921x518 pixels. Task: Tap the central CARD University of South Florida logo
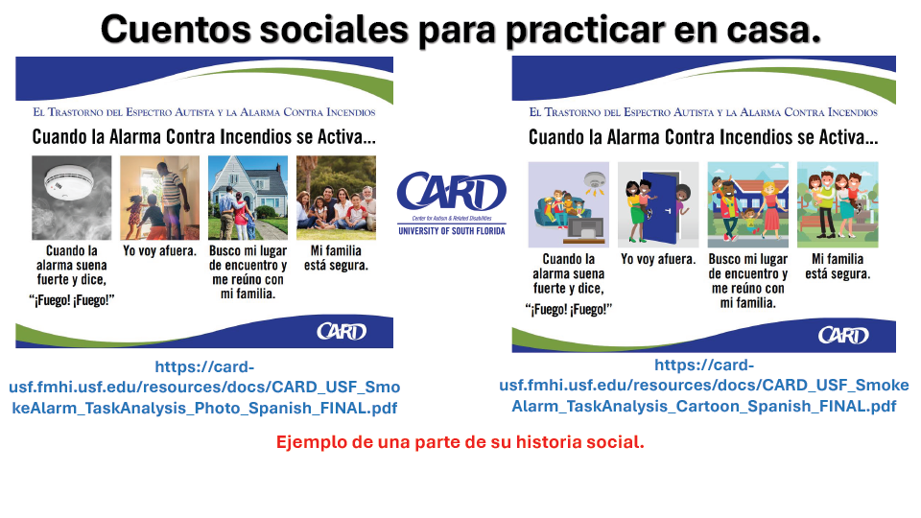click(451, 203)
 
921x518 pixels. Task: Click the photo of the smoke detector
click(72, 198)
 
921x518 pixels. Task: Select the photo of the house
click(248, 198)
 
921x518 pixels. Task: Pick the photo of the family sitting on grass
click(336, 198)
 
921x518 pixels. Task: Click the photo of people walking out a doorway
click(160, 198)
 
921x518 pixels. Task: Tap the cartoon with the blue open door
click(658, 204)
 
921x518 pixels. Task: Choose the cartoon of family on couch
click(569, 204)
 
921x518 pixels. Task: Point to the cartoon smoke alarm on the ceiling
click(595, 182)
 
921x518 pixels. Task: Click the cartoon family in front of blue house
click(747, 204)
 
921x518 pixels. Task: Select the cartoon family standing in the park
click(838, 204)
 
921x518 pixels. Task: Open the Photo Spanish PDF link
click(204, 387)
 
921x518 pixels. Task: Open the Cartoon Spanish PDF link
click(703, 386)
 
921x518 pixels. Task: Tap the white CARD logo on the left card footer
click(342, 332)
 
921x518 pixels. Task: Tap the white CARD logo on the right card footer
click(843, 336)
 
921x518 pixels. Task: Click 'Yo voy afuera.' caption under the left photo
click(160, 251)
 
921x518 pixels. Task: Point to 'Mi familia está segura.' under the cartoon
click(838, 266)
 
